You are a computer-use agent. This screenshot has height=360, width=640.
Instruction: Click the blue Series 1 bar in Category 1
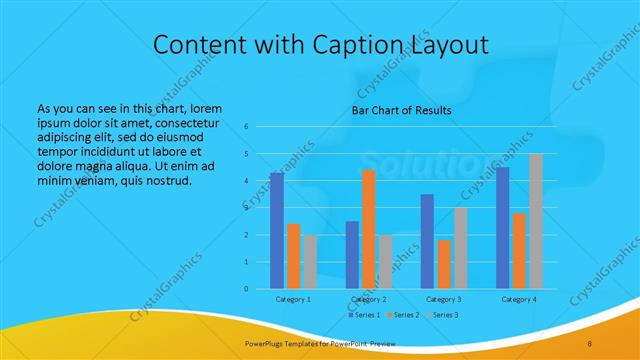[x=277, y=231]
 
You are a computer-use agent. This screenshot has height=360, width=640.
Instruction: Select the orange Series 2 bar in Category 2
[x=369, y=229]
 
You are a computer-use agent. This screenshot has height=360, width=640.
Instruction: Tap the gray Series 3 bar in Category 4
[x=536, y=221]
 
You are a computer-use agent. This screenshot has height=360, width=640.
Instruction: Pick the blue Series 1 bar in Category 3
[x=427, y=241]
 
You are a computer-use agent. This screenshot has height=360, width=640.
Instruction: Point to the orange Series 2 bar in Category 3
[x=444, y=264]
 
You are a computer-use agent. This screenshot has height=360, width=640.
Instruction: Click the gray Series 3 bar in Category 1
[x=310, y=262]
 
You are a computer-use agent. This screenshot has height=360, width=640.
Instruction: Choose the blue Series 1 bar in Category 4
[x=503, y=228]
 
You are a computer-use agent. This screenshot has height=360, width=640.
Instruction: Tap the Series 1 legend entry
[x=364, y=316]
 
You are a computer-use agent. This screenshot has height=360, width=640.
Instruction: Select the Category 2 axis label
[x=369, y=299]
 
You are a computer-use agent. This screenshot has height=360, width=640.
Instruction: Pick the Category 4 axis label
[x=519, y=299]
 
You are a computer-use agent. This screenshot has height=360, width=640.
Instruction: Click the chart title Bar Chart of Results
[x=401, y=110]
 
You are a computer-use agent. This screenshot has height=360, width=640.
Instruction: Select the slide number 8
[x=590, y=343]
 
